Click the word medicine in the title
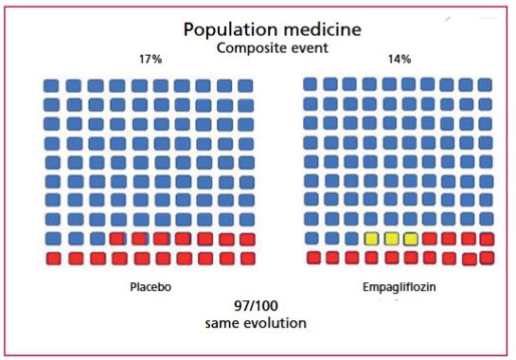tap(322, 29)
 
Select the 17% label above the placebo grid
tap(151, 60)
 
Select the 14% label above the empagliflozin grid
tap(400, 60)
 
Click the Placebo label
tap(151, 287)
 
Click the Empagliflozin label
tap(400, 287)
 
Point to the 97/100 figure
tap(256, 306)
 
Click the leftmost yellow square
tap(371, 239)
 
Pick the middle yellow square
tap(391, 239)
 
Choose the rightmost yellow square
tap(410, 239)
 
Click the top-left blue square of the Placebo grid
tap(51, 85)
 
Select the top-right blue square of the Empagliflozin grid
tap(485, 84)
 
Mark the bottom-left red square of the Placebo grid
tap(54, 259)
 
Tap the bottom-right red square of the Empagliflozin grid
tap(487, 258)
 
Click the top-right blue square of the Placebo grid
tap(245, 85)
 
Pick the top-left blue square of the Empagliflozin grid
tap(310, 84)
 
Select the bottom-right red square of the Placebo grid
tap(248, 259)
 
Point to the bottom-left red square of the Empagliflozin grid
tap(313, 258)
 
